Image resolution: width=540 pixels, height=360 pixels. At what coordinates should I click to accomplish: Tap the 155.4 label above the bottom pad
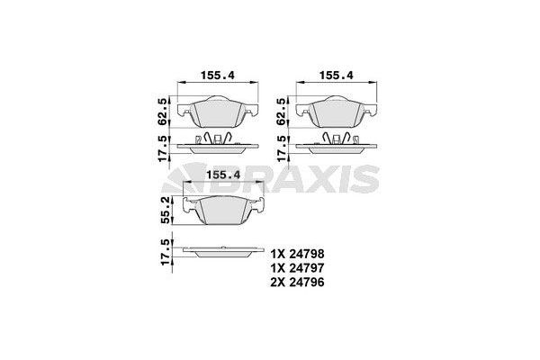point(222,175)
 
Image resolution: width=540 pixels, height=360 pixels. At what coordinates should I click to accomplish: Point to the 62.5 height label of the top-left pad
point(162,109)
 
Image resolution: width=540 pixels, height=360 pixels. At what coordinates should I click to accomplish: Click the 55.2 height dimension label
point(165,211)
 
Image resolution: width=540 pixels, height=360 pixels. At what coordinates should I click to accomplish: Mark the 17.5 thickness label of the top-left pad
point(162,146)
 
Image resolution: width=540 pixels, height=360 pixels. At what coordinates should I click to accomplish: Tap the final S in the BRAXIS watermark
point(364,181)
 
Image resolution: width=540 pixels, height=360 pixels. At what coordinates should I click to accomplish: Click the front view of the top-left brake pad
point(218,112)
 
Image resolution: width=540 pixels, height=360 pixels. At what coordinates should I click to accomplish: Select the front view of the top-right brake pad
point(335,112)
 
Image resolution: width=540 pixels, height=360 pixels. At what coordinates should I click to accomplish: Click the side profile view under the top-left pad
point(218,141)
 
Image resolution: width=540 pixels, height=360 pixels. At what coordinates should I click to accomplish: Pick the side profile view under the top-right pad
point(335,141)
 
